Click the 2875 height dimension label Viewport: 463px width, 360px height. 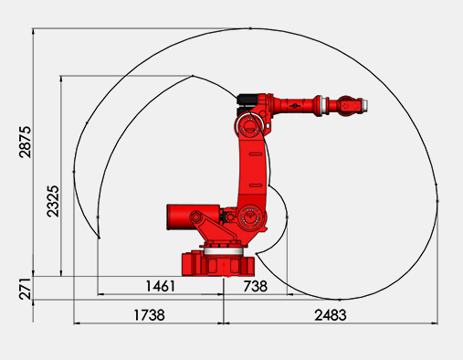(x=25, y=142)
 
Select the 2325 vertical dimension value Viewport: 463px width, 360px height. (x=53, y=201)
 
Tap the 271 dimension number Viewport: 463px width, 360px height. (x=25, y=289)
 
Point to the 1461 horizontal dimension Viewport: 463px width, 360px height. (x=161, y=286)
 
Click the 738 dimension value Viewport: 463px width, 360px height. (x=256, y=286)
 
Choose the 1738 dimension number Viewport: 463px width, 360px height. (x=149, y=315)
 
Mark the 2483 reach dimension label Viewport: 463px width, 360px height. (x=331, y=315)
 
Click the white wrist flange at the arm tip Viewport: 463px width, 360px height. (x=365, y=105)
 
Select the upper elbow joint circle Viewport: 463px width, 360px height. (x=247, y=125)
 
